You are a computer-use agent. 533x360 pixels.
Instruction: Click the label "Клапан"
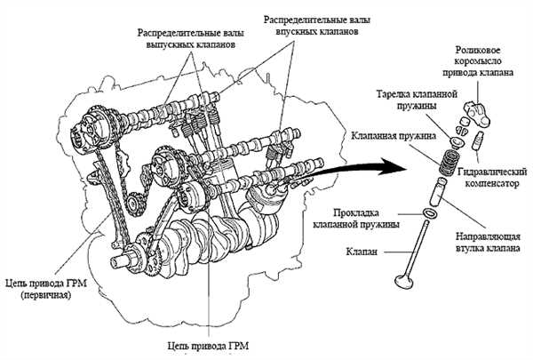pyautogui.click(x=367, y=252)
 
